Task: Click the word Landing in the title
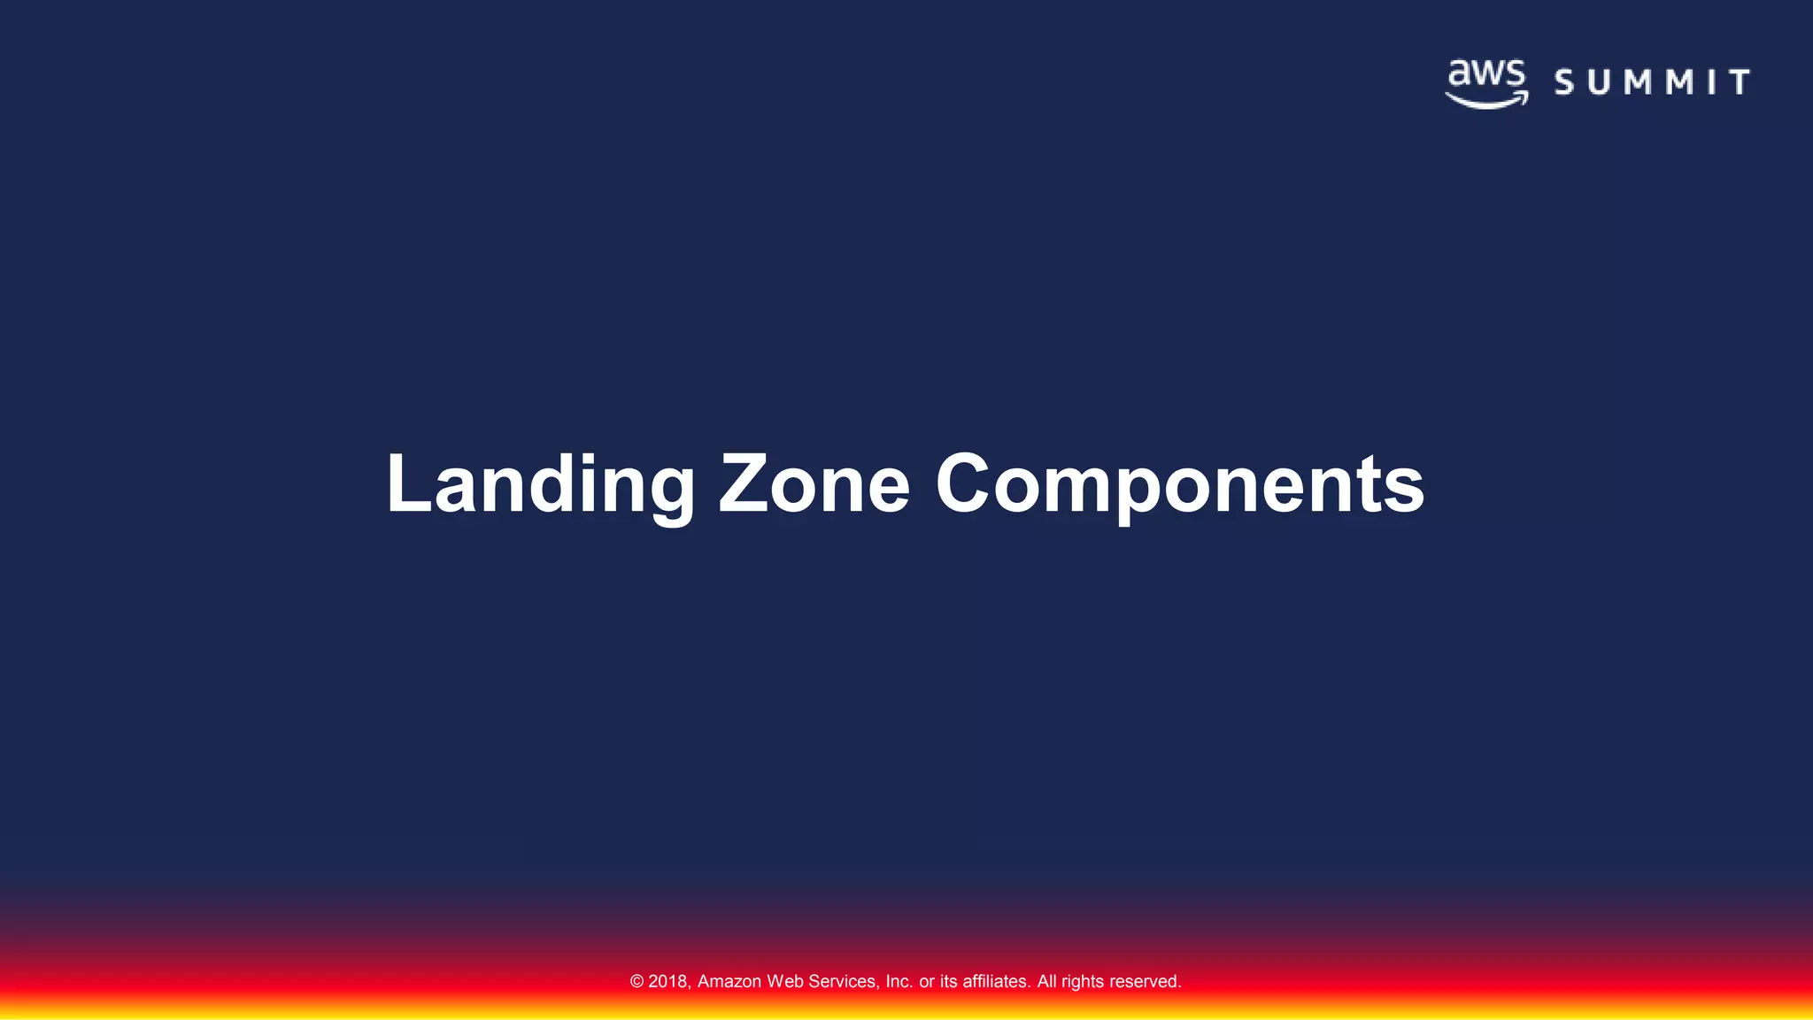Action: pyautogui.click(x=540, y=484)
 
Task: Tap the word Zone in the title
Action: pyautogui.click(x=814, y=484)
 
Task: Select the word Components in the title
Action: pyautogui.click(x=1179, y=484)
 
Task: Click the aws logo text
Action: pyautogui.click(x=1487, y=74)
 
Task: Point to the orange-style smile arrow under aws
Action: pyautogui.click(x=1487, y=100)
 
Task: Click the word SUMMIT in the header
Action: pyautogui.click(x=1652, y=82)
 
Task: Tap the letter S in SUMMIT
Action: pyautogui.click(x=1564, y=82)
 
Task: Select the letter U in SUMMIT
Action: pyautogui.click(x=1599, y=82)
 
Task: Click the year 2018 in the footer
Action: pyautogui.click(x=668, y=982)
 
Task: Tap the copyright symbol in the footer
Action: pyautogui.click(x=636, y=982)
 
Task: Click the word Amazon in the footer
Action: pyautogui.click(x=729, y=982)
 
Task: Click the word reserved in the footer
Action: pyautogui.click(x=1144, y=982)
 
